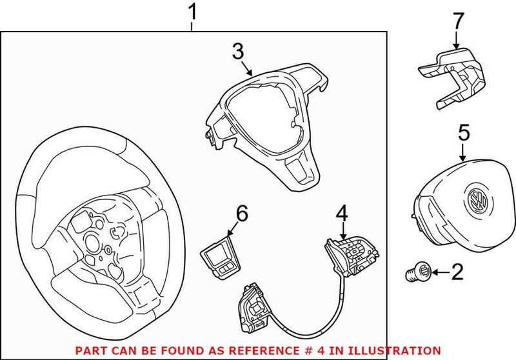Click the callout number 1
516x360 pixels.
tap(192, 12)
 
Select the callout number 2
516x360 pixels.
tap(457, 272)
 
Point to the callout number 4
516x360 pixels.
tap(342, 214)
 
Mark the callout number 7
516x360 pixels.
tap(457, 21)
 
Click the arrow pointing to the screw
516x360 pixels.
tap(439, 273)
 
